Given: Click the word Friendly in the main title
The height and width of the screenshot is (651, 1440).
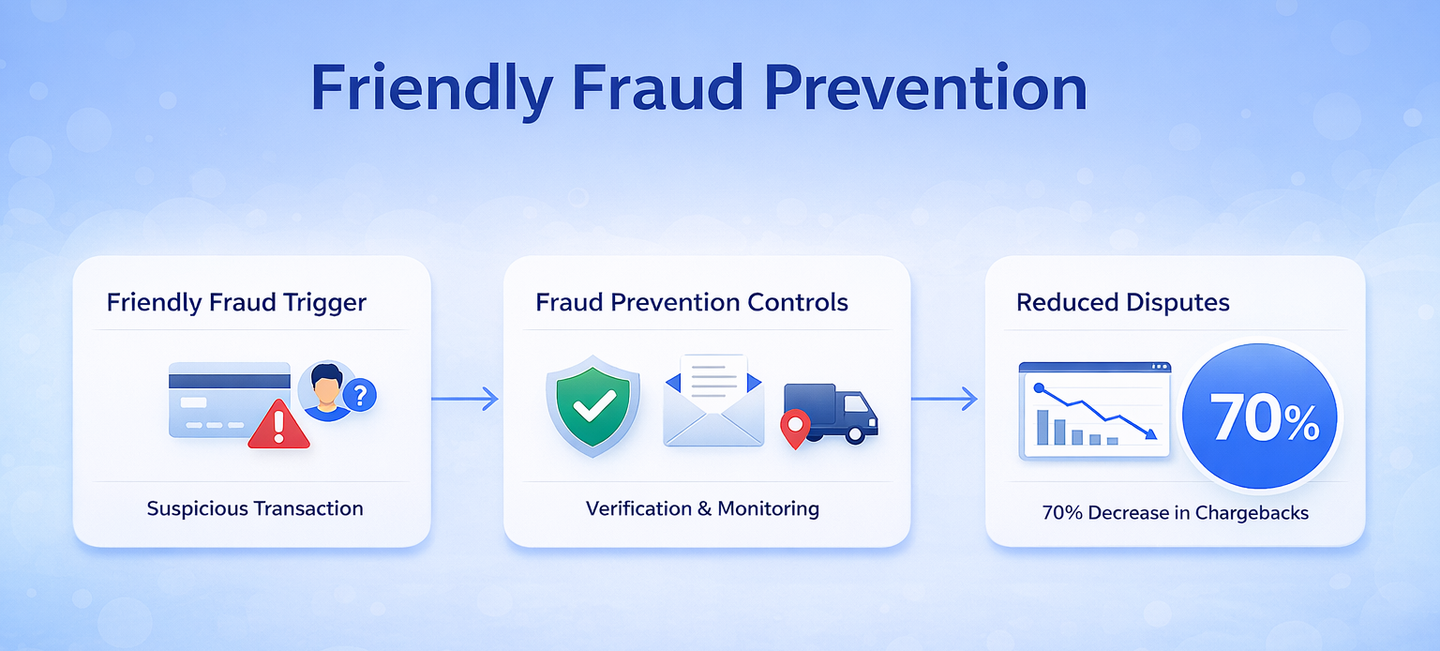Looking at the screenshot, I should coord(431,89).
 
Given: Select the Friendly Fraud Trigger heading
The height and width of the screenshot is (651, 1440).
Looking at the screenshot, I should coord(235,303).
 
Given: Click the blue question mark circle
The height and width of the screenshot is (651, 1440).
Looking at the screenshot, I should coord(359,395).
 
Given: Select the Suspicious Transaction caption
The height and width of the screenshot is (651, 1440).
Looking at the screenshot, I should coord(254,509).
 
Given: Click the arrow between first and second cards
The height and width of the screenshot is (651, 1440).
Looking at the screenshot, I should coord(465,400).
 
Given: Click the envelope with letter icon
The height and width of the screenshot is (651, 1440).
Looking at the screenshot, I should coord(712,401).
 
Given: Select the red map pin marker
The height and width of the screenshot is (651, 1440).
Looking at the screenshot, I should coord(794,427).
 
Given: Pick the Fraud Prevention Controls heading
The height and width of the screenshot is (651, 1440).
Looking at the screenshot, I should coord(692,303).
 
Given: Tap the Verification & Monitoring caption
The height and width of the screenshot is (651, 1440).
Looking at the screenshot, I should coord(702,509).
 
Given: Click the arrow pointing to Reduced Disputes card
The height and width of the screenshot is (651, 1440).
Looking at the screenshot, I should coord(944,400).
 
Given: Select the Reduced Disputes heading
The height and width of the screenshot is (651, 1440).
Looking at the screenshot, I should coord(1123,303).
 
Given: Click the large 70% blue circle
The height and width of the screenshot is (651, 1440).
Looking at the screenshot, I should coord(1260,416).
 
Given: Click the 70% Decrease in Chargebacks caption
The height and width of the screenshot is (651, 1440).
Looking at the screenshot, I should coord(1175,513).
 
